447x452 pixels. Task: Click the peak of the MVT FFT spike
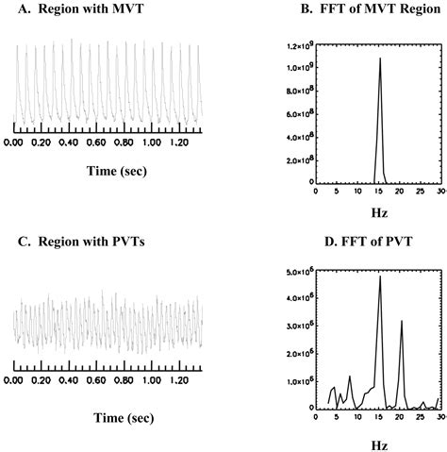pyautogui.click(x=380, y=59)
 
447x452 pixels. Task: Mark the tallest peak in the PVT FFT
pyautogui.click(x=380, y=276)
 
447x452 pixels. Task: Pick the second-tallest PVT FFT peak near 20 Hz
pyautogui.click(x=402, y=321)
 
